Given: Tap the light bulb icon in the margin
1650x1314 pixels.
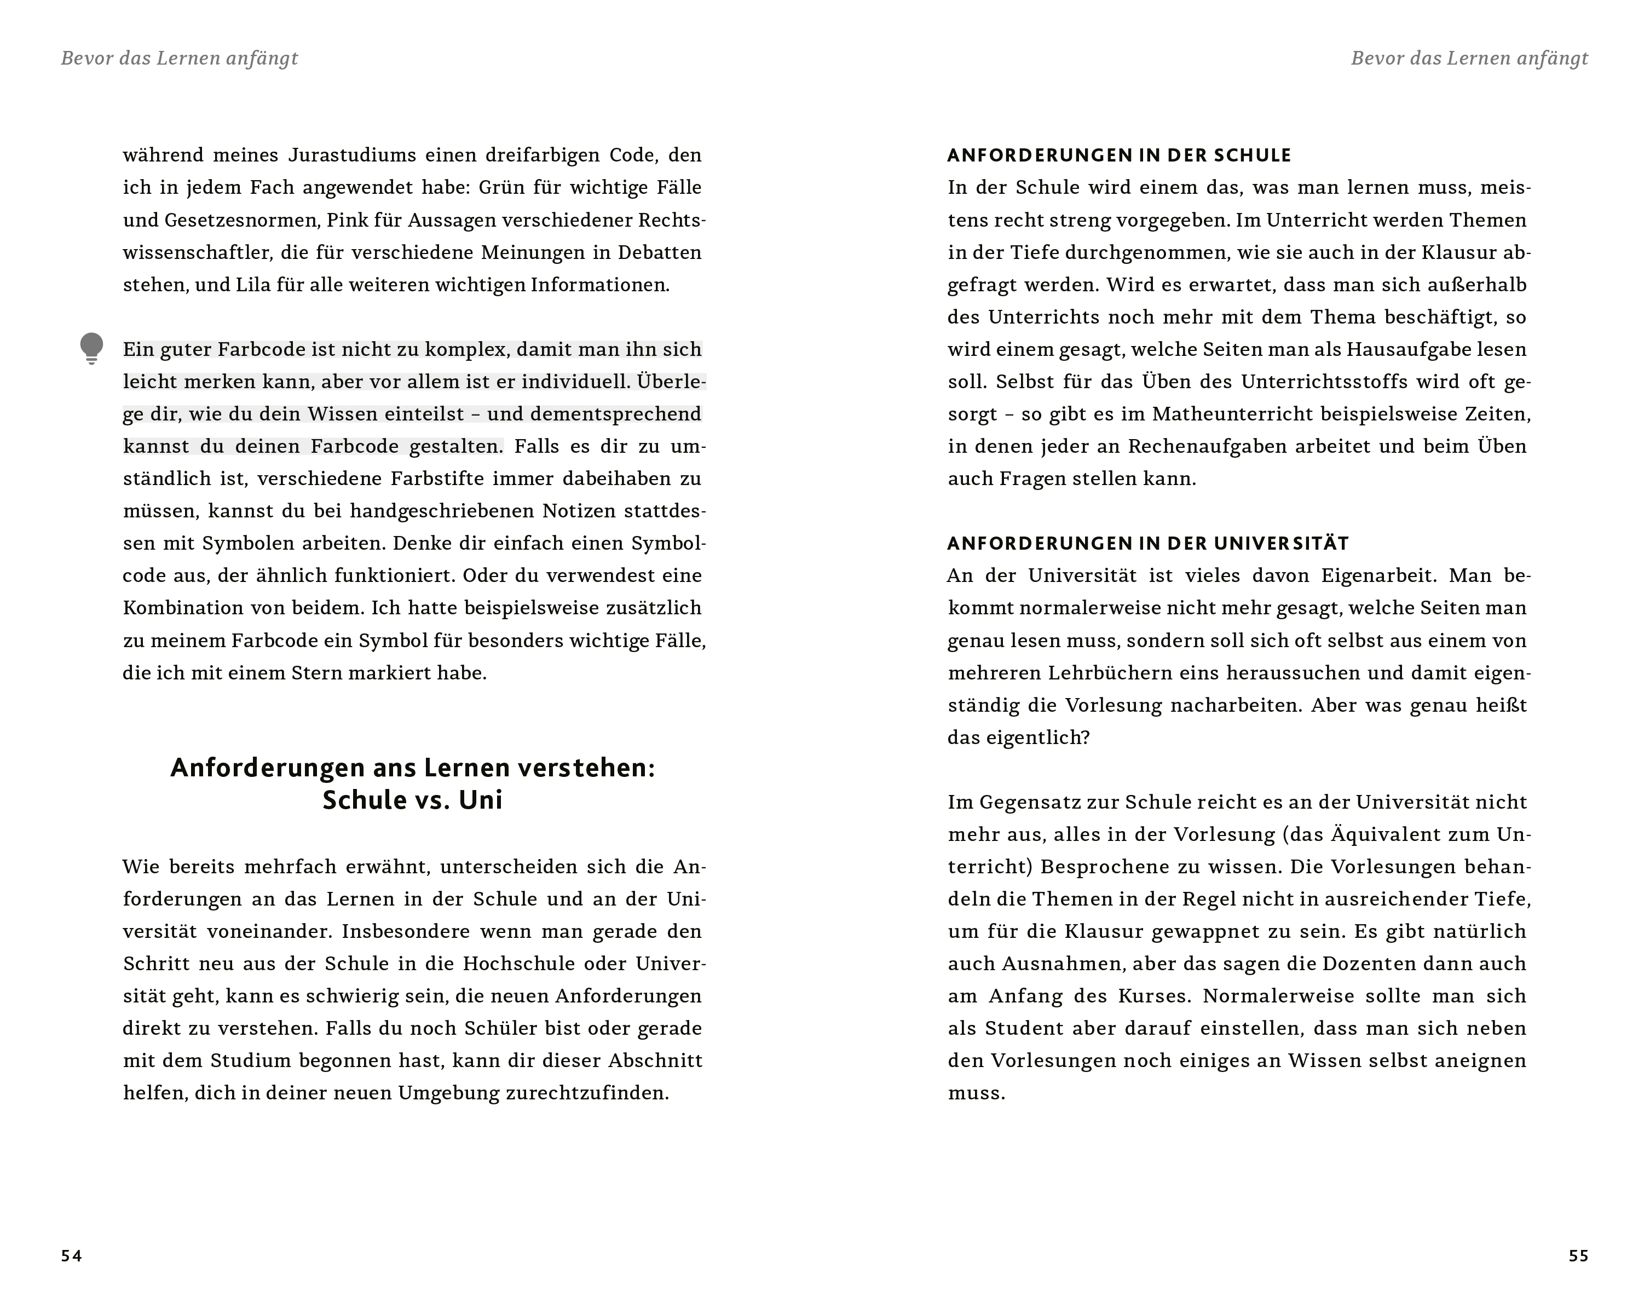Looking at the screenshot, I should [x=91, y=348].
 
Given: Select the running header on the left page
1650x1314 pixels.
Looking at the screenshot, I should [x=179, y=58].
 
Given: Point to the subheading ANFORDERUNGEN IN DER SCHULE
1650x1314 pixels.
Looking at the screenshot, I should [x=1119, y=155].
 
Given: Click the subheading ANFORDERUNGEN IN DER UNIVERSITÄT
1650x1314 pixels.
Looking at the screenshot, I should [x=1148, y=543].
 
